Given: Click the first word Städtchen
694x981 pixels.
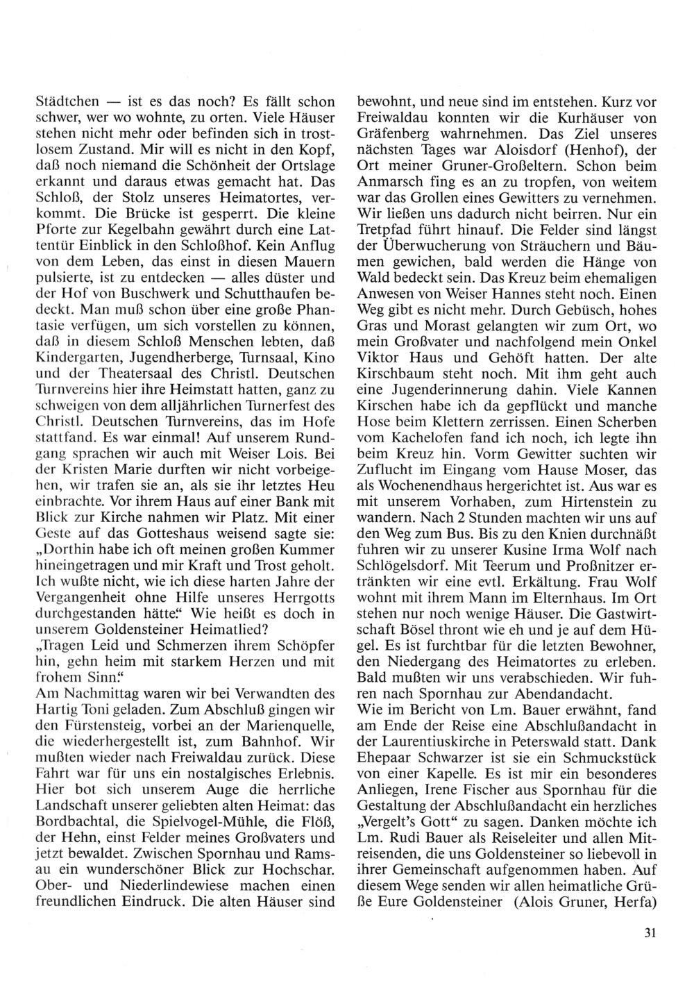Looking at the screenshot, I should pos(67,101).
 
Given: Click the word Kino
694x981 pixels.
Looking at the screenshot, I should pos(321,362).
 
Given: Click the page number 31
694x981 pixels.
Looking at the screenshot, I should pos(650,933).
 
